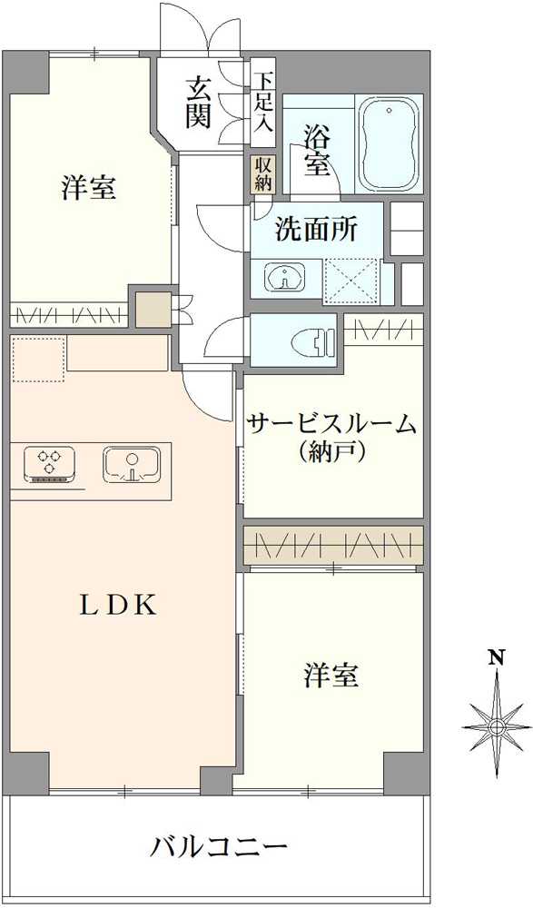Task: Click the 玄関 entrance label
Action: point(200,102)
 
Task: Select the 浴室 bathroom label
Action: point(317,149)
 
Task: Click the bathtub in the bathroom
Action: point(390,143)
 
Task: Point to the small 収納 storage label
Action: point(262,173)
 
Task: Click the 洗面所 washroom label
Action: point(316,230)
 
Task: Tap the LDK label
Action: point(118,607)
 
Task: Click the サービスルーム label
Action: point(331,424)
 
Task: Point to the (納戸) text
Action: point(331,451)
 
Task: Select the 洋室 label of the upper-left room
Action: point(88,189)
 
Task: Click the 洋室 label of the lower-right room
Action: point(331,676)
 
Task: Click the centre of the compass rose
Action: point(497,726)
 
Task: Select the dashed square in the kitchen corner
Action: point(38,359)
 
